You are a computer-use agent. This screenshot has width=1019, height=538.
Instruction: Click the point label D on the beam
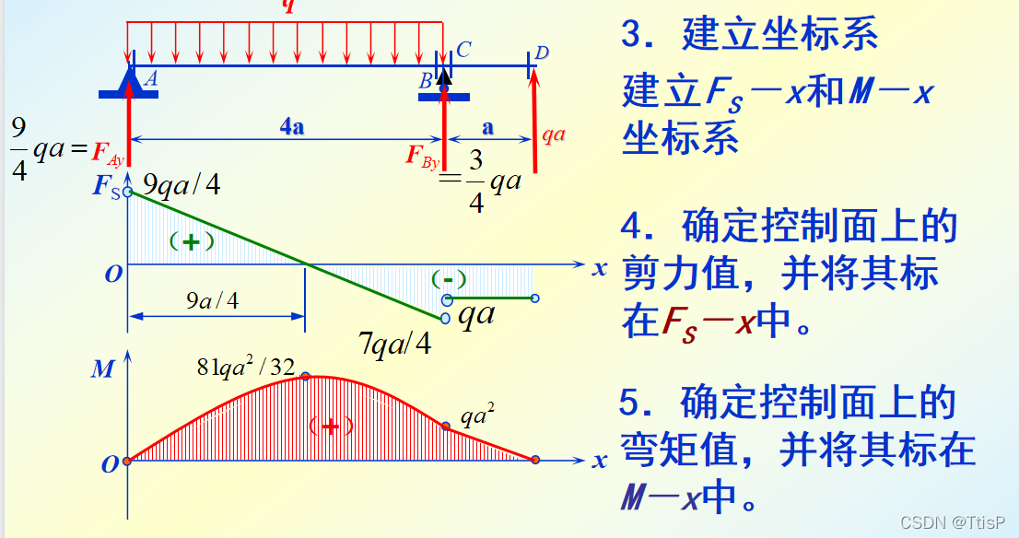tap(542, 53)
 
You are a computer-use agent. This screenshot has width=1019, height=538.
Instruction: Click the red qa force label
tap(553, 134)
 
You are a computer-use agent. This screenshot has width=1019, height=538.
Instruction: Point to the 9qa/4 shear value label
tap(182, 185)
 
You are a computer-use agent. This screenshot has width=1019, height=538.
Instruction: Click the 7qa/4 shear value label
tap(394, 345)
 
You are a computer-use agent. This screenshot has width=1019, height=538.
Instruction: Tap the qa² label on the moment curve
tap(478, 416)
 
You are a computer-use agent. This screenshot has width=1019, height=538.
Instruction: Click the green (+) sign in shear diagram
tap(191, 241)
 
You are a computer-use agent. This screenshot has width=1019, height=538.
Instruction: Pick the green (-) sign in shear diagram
tap(449, 278)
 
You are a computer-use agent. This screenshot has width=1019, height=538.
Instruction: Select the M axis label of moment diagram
tap(102, 370)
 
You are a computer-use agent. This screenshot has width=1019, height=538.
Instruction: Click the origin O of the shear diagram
tap(112, 275)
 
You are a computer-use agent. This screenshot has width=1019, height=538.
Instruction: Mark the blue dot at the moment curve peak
tap(305, 376)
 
